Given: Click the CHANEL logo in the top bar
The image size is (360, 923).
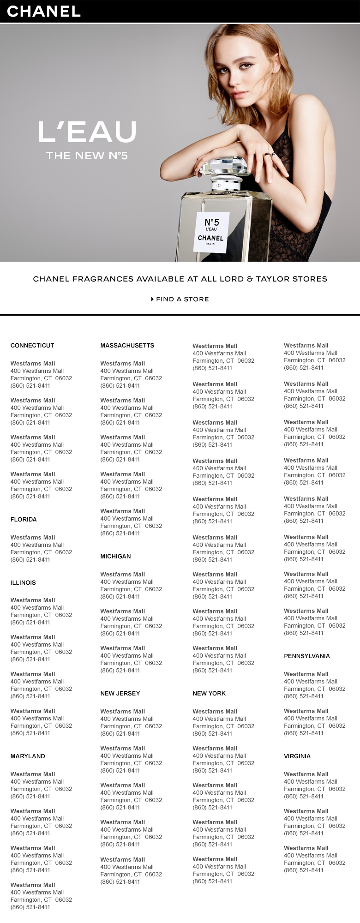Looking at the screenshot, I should click(44, 11).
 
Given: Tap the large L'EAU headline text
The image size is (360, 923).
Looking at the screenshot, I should click(87, 132).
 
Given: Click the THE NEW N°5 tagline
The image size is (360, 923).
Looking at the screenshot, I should click(87, 156).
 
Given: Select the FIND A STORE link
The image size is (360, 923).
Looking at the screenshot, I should click(182, 299).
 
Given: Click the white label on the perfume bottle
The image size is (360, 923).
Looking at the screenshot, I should click(210, 232).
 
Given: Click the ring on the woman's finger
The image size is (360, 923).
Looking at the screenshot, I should click(269, 155).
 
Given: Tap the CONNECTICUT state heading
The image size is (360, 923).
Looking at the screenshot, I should click(32, 345).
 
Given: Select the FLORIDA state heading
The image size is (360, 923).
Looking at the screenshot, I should click(24, 519).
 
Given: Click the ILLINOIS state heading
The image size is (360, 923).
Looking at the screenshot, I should click(23, 582).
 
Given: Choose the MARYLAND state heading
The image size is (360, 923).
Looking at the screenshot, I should click(28, 756).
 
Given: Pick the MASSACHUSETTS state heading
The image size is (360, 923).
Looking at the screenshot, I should click(127, 345).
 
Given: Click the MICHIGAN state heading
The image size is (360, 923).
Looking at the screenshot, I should click(115, 556).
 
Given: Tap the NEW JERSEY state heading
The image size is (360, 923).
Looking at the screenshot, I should click(120, 693).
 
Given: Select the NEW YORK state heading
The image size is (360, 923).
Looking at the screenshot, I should click(209, 693).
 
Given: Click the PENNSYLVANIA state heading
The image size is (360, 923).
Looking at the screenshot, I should click(307, 656).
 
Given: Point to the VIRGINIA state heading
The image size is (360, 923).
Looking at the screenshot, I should click(297, 756).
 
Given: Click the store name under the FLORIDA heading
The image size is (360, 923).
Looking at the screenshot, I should click(33, 537).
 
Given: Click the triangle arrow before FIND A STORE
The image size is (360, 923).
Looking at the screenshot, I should click(152, 299).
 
